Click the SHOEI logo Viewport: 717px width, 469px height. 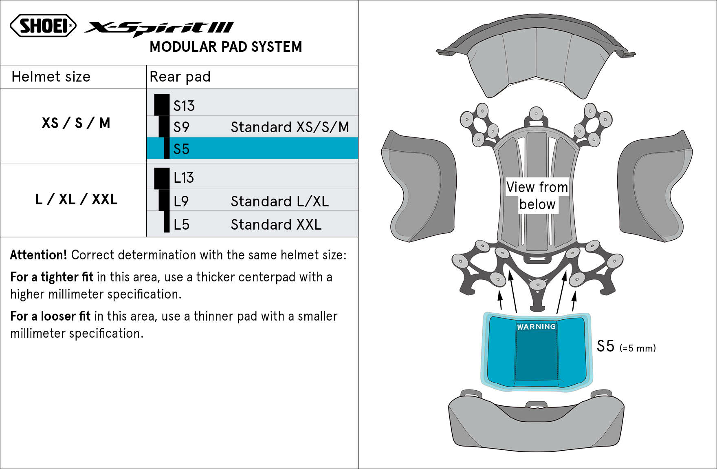[43, 26]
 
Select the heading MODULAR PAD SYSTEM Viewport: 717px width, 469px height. [226, 47]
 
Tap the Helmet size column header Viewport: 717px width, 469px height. [51, 77]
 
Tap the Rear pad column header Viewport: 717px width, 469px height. [180, 77]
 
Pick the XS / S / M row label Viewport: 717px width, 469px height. [76, 123]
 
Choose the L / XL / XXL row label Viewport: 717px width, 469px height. [76, 199]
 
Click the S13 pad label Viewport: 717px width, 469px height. [184, 106]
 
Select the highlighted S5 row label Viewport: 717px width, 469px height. [181, 149]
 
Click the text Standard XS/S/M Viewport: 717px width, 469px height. [290, 127]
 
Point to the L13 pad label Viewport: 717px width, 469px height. [184, 178]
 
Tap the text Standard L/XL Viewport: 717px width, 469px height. [279, 201]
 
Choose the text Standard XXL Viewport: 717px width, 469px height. [276, 225]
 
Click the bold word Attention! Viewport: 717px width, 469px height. [38, 255]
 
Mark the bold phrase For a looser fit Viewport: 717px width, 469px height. [50, 316]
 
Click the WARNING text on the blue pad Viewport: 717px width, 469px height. [536, 327]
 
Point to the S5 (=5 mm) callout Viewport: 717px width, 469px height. [626, 347]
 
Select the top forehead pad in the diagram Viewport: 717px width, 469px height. [536, 61]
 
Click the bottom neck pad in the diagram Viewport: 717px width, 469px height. [536, 426]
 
